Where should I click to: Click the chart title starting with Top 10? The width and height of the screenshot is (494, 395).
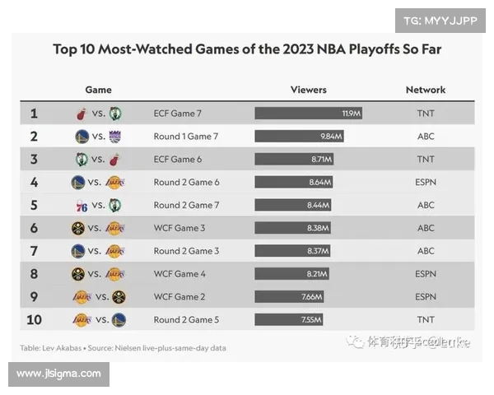(247, 49)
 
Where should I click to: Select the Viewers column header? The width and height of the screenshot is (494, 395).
(309, 90)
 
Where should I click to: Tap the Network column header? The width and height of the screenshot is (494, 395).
(426, 90)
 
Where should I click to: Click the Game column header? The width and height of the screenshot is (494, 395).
(98, 90)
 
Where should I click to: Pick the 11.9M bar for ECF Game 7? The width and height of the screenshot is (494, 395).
(309, 114)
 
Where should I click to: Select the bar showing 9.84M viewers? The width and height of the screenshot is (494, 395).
(299, 137)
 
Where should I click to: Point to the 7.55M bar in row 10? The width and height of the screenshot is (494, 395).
(288, 319)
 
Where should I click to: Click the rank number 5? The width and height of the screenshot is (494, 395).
(34, 205)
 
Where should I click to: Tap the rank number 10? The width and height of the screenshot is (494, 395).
(34, 319)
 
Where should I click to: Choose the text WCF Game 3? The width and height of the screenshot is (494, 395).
(180, 228)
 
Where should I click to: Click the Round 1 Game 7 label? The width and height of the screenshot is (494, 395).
(185, 137)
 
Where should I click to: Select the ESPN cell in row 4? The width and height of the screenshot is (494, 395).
(426, 182)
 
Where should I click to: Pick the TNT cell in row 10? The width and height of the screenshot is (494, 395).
(426, 319)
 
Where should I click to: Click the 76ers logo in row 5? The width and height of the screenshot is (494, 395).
(81, 205)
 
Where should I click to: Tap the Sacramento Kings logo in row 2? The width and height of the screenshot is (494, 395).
(114, 137)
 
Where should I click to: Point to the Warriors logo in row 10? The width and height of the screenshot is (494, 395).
(119, 319)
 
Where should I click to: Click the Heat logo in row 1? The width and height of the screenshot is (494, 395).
(81, 114)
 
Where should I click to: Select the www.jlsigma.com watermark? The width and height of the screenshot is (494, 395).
(58, 374)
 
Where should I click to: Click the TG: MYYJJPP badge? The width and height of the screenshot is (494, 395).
(440, 21)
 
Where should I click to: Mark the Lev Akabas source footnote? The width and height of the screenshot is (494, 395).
(123, 348)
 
